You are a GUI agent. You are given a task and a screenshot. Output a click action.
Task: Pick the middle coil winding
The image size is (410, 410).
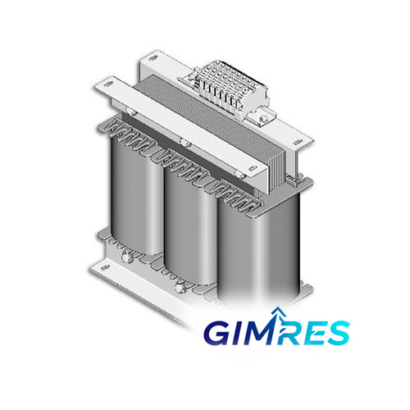pos(191,228)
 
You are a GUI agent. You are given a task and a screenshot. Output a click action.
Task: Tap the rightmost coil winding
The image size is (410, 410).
pos(258,248)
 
